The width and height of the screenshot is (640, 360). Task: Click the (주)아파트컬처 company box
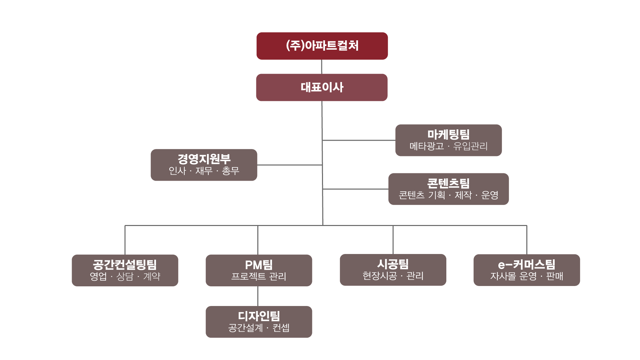(322, 46)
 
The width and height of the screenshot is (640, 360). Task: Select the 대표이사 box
(322, 87)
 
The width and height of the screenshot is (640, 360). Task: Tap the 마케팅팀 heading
(448, 134)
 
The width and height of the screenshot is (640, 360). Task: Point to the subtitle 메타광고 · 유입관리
(448, 146)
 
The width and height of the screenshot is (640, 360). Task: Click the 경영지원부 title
(204, 159)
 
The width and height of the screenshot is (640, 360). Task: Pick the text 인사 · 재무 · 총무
(204, 171)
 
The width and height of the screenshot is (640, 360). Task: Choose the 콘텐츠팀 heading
(448, 183)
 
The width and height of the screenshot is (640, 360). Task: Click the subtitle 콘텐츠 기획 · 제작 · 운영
(448, 195)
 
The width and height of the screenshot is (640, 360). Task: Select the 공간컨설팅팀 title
(125, 265)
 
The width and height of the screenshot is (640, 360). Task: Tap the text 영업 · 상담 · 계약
(125, 276)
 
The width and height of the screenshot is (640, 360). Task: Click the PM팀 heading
(259, 265)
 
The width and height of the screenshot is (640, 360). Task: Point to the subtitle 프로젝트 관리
(259, 276)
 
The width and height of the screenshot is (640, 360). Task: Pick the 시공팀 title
(393, 264)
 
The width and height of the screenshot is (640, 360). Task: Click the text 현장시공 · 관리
(393, 276)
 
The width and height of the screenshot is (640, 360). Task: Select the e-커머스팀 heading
(527, 265)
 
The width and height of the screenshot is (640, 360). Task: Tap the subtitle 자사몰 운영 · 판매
(527, 276)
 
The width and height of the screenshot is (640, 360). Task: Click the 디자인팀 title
(259, 316)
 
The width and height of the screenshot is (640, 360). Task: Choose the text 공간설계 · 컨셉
(259, 328)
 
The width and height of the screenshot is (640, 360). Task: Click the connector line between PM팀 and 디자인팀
(258, 296)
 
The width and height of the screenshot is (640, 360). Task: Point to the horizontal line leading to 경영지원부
(290, 165)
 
